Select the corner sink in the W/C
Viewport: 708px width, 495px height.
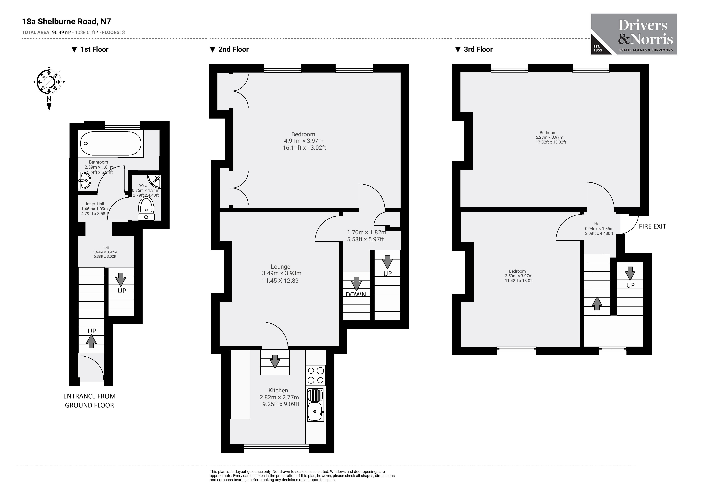pos(154,181)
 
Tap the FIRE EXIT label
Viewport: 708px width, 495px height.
pos(652,226)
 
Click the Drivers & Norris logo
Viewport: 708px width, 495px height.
pos(634,34)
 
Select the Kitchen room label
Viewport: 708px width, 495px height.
pos(278,391)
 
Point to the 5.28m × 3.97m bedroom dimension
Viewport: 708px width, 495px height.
pos(549,137)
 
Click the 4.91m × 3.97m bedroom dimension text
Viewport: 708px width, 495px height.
pos(304,141)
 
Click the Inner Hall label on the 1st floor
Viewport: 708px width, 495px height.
pos(95,204)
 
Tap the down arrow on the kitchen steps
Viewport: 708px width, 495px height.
pos(275,361)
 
